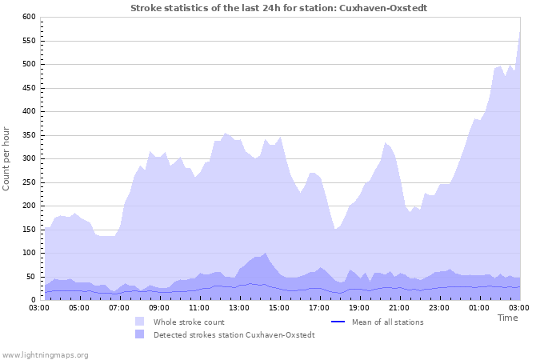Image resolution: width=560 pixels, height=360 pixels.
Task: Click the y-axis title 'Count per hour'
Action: pyautogui.click(x=7, y=158)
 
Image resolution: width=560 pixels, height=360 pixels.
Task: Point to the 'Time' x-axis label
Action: pyautogui.click(x=507, y=318)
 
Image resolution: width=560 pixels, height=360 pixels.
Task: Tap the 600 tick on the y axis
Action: pyautogui.click(x=29, y=17)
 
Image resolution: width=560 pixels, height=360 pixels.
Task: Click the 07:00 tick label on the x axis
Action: pyautogui.click(x=119, y=307)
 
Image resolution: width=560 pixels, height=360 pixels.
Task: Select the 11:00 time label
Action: pyautogui.click(x=199, y=307)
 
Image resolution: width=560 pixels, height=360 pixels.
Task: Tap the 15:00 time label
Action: pyautogui.click(x=279, y=307)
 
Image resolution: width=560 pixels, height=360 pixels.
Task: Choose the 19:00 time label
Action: pyautogui.click(x=359, y=307)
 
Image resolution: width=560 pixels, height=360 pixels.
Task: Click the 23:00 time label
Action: pyautogui.click(x=439, y=307)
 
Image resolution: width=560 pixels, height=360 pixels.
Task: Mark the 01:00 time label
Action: pyautogui.click(x=479, y=307)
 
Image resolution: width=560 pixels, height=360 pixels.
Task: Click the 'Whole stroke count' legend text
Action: pyautogui.click(x=189, y=322)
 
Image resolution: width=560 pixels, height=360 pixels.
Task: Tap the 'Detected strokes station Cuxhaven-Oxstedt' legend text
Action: pyautogui.click(x=234, y=334)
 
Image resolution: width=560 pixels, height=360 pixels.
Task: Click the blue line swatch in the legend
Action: pyautogui.click(x=337, y=322)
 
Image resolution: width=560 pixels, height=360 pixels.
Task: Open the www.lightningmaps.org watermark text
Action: pyautogui.click(x=46, y=354)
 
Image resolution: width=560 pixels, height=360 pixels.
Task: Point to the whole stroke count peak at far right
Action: pyautogui.click(x=520, y=32)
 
